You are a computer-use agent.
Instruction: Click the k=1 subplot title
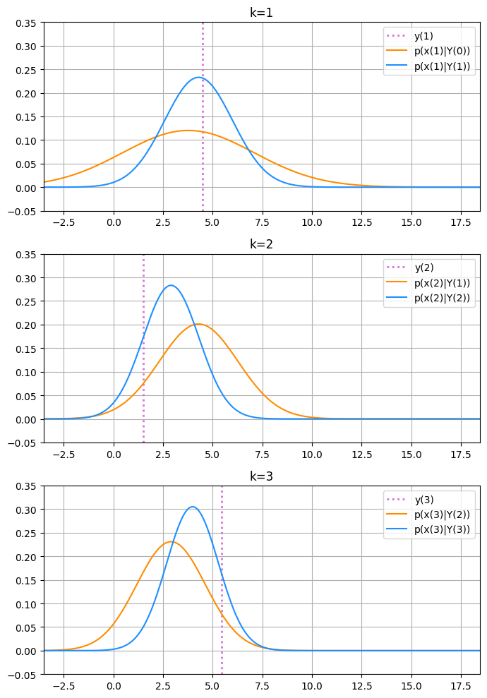tap(262, 12)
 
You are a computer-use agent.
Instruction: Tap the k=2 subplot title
tap(262, 244)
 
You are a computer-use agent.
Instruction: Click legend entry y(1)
tap(423, 36)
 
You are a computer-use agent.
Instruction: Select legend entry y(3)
tap(423, 500)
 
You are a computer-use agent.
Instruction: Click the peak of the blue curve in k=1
tap(199, 77)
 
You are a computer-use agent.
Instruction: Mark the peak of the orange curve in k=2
tap(198, 324)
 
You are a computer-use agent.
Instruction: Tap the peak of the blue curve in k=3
tap(192, 507)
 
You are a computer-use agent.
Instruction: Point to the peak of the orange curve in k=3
tap(172, 541)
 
